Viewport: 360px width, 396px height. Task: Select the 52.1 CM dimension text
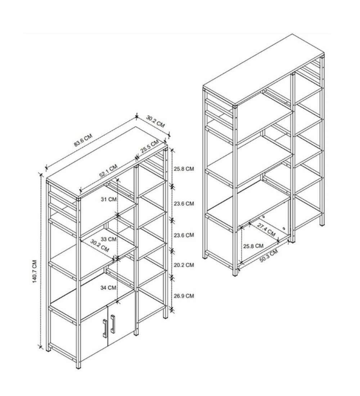pos(108,171)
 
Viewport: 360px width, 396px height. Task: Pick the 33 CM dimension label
pos(109,239)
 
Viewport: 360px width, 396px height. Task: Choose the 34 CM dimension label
pos(108,288)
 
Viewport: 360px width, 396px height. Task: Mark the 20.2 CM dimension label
pos(184,265)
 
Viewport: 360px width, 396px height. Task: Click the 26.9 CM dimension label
pos(184,296)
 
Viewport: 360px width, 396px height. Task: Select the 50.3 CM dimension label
pos(269,256)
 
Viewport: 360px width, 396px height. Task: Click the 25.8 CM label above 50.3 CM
pos(253,246)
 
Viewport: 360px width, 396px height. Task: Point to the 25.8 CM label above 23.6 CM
pos(184,169)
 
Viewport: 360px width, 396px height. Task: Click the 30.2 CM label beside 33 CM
pos(99,246)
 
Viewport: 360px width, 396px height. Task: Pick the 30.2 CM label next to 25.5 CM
pos(156,121)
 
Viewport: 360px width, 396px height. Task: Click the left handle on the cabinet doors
pos(104,328)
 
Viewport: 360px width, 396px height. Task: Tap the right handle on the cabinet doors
pos(112,324)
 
